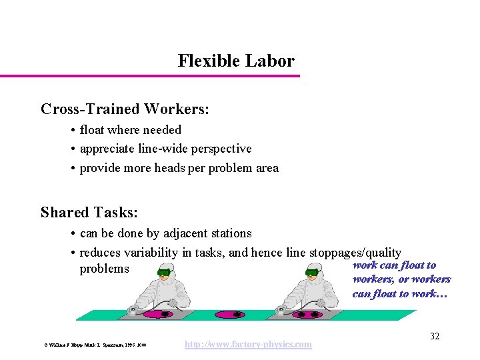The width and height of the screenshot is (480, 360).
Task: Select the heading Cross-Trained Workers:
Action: [125, 109]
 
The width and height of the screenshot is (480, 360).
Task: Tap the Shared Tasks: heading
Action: [89, 213]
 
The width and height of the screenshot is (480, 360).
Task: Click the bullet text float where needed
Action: [130, 130]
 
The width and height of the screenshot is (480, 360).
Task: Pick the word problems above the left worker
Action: [104, 269]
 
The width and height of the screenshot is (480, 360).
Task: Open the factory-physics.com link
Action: [248, 344]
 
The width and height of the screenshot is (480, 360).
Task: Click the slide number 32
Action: [434, 336]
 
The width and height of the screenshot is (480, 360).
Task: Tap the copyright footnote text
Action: [95, 345]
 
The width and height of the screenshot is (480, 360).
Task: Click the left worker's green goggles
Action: [164, 273]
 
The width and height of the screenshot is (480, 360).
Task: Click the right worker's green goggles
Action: [311, 273]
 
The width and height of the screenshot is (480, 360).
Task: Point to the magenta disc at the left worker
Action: [158, 313]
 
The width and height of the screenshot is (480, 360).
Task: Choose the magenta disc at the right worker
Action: [306, 314]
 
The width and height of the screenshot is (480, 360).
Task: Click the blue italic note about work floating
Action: [401, 279]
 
